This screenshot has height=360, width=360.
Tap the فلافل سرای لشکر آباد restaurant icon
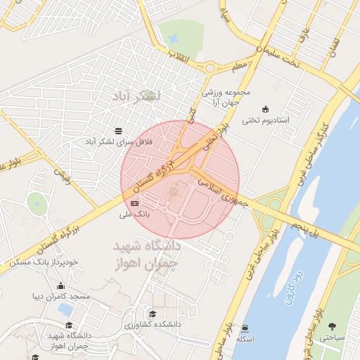coord(118,131)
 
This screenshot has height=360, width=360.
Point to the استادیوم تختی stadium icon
coord(265,109)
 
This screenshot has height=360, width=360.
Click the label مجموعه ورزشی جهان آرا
coord(226,98)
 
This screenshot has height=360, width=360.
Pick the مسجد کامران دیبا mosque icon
coord(61,285)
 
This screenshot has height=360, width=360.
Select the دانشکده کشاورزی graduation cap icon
coord(153,314)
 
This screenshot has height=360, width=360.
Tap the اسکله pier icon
coord(244,328)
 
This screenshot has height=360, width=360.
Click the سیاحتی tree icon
coord(332,327)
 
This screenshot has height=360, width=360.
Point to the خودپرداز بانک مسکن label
coord(43,262)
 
